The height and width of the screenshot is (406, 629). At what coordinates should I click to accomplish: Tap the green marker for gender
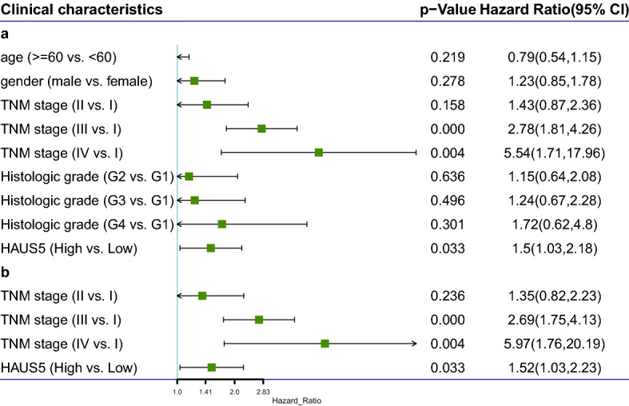point(194,81)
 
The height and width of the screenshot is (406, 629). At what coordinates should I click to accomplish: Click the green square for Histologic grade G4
point(222,225)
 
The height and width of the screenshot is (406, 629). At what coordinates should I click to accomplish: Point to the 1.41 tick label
point(205,392)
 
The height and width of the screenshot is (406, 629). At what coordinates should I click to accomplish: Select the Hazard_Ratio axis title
point(296,400)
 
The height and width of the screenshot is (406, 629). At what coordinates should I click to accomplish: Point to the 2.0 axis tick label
point(234,392)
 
